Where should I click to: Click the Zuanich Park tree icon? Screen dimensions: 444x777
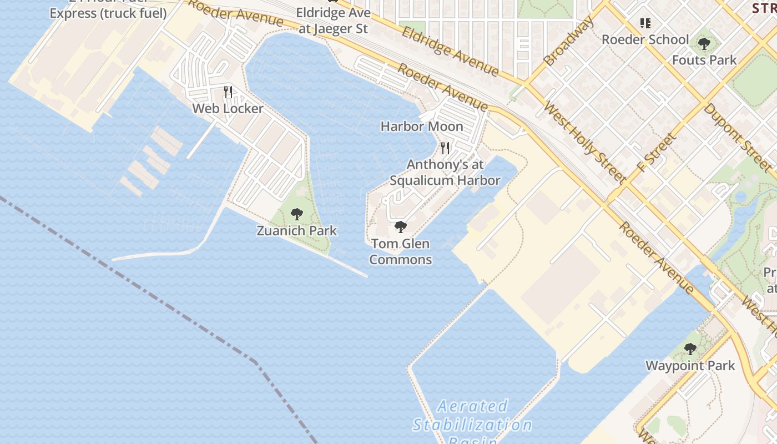[x=297, y=214]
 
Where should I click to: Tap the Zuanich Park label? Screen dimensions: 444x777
[x=296, y=230]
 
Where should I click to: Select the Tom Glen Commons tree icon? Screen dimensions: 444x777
[x=400, y=226]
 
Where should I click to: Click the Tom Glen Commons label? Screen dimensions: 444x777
[x=400, y=251]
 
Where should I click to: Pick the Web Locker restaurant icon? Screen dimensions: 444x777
[x=228, y=92]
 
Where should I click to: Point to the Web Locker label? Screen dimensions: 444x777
[x=228, y=108]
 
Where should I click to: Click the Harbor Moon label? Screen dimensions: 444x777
[x=422, y=127]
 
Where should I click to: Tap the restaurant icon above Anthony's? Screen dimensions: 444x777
[x=445, y=148]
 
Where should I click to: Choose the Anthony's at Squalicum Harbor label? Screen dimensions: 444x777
[x=445, y=173]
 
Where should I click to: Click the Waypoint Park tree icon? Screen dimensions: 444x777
[x=690, y=349]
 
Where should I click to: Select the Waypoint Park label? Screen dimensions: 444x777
[x=690, y=366]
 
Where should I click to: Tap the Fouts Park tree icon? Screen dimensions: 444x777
[x=704, y=43]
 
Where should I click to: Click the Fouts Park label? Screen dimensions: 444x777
[x=704, y=60]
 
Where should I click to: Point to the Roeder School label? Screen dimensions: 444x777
[x=645, y=39]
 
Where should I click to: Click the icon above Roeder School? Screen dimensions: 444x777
[x=645, y=23]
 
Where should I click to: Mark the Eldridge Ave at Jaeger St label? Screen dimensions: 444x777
[x=333, y=21]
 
